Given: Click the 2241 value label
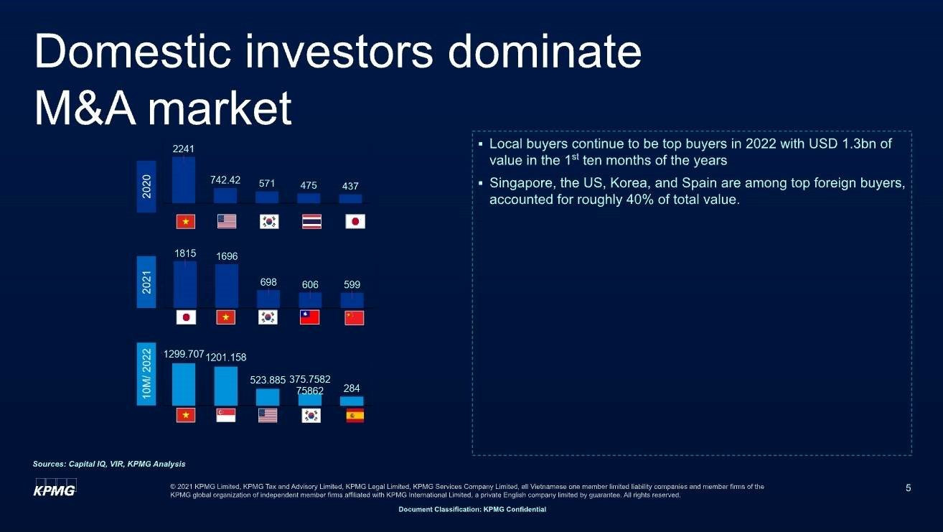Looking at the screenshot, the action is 183,149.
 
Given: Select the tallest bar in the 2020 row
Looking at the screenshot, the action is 184,180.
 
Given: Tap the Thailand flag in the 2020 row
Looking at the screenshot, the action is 311,222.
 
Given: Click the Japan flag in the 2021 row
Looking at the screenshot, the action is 186,317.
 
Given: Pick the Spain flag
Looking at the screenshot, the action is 355,416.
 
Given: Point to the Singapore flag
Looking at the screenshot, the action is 225,415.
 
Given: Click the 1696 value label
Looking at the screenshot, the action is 227,256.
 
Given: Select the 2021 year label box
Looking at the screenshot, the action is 146,282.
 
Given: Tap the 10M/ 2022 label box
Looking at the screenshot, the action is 146,374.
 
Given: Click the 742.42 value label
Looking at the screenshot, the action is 225,180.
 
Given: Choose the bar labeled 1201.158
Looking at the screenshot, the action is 225,386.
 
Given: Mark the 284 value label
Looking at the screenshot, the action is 352,388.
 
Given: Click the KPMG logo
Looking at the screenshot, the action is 55,487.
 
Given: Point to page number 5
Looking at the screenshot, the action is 908,487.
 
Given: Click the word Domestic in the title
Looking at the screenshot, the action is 133,52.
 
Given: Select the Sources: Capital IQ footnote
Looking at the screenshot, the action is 109,464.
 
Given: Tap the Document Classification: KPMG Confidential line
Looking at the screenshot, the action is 472,509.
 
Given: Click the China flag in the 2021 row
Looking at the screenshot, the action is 354,318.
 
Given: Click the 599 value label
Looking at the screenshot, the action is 352,285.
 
